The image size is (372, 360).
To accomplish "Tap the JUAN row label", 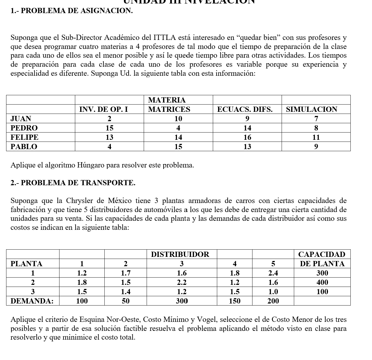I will click(x=21, y=119).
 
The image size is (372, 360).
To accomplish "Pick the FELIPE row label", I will click(x=24, y=137).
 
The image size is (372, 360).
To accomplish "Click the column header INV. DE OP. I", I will click(x=103, y=109).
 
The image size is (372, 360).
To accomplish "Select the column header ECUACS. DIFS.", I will click(x=245, y=109).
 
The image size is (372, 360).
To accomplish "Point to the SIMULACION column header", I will click(x=311, y=109).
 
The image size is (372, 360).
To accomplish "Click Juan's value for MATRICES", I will click(x=178, y=119).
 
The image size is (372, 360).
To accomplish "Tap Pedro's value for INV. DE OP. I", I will click(x=109, y=128).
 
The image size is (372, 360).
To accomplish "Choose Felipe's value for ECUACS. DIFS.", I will click(x=247, y=137).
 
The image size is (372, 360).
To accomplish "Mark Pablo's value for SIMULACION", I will click(x=316, y=147).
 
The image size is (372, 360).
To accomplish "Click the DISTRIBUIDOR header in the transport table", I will click(x=180, y=254).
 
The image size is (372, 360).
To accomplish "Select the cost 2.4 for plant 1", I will click(x=273, y=273).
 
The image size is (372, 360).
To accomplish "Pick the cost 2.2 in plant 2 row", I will click(x=182, y=282).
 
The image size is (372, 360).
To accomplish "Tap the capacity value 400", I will click(x=322, y=282).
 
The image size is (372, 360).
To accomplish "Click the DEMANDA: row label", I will click(x=32, y=301).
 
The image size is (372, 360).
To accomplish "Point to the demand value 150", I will click(x=234, y=301).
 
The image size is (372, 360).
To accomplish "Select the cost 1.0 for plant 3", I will click(x=273, y=292).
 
